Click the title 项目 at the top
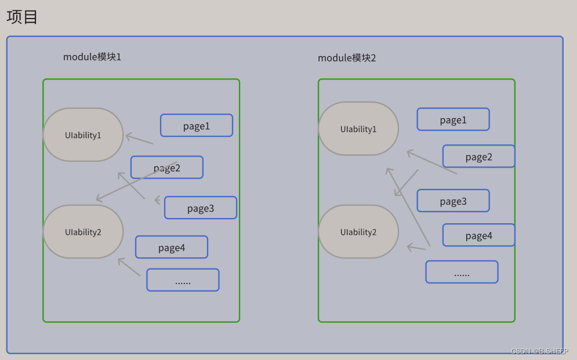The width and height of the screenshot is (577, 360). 23,17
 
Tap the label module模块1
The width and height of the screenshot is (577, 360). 92,57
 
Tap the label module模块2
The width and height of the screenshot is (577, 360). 347,58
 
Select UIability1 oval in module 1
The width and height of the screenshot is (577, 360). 83,135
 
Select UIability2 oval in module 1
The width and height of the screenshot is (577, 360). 83,232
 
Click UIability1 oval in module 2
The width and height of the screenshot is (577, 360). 358,129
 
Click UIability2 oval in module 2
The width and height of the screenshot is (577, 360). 358,232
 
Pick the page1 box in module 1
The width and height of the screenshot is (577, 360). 197,126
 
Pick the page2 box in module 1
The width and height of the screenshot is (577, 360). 167,168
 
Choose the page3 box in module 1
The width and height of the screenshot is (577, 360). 201,208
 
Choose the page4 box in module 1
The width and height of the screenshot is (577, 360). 172,248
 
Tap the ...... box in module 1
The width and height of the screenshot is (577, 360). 183,280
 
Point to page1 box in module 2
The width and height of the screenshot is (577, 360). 453,120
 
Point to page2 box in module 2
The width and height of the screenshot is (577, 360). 478,157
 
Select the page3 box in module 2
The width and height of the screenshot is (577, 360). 453,201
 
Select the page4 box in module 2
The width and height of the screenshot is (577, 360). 478,235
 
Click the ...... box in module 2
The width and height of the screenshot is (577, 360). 462,272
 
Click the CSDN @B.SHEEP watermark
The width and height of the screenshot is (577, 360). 539,351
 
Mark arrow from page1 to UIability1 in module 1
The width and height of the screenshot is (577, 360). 139,139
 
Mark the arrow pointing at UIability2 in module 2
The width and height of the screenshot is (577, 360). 416,248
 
